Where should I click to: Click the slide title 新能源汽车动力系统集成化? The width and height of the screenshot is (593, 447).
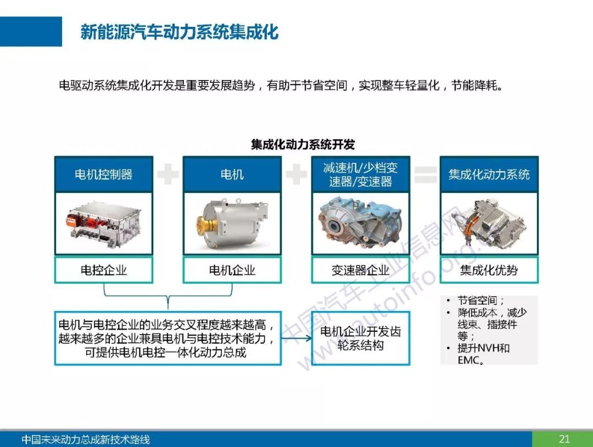(x=179, y=32)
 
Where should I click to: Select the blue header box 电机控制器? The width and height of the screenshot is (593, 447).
(x=104, y=174)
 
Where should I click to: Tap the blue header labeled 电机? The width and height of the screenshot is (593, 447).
(x=232, y=174)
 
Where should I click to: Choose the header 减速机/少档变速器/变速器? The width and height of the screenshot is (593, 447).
(x=360, y=174)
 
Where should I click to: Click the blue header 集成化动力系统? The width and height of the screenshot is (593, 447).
(x=489, y=174)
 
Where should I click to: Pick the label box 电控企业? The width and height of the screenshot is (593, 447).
(x=104, y=270)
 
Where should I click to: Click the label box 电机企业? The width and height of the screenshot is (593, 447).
(x=232, y=270)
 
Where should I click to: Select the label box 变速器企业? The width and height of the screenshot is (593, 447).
(x=360, y=270)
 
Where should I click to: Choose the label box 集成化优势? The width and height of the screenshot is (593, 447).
(x=489, y=270)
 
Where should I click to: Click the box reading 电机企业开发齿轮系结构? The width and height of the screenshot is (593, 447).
(x=360, y=338)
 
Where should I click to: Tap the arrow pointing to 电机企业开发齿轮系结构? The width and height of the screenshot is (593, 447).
(x=296, y=338)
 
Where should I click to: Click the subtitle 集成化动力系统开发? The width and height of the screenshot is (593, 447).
(x=303, y=144)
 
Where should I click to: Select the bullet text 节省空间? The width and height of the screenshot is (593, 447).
(x=477, y=301)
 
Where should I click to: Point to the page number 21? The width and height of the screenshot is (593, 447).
(x=564, y=439)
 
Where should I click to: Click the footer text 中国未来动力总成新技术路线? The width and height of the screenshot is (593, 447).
(x=86, y=439)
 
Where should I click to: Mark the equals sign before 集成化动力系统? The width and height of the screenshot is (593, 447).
(x=426, y=174)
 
